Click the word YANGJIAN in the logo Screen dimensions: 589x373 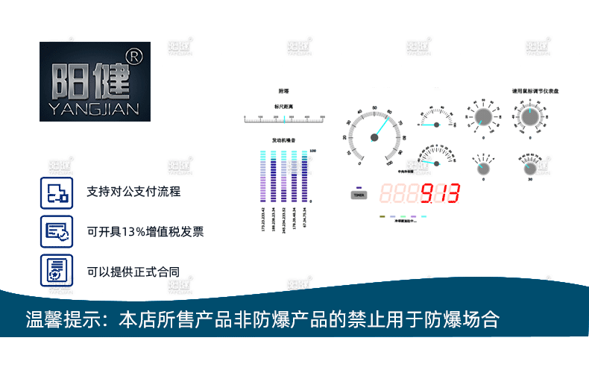pyautogui.click(x=95, y=109)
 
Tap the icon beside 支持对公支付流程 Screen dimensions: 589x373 pyautogui.click(x=57, y=192)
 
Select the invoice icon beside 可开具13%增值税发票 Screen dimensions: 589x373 pyautogui.click(x=57, y=231)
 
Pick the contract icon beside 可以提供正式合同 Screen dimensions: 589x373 pyautogui.click(x=57, y=270)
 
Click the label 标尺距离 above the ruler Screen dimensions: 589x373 pyautogui.click(x=283, y=107)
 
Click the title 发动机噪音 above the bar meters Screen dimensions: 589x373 pyautogui.click(x=283, y=140)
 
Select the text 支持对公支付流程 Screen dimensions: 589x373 pyautogui.click(x=133, y=192)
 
